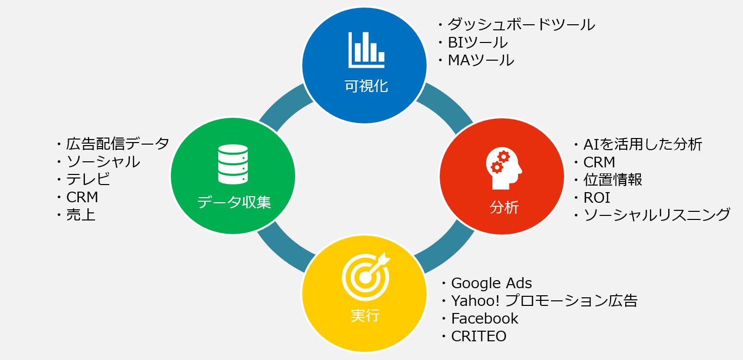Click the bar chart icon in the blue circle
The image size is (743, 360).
pyautogui.click(x=366, y=50)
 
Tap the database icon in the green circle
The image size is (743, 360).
pyautogui.click(x=233, y=164)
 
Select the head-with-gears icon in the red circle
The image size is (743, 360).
pyautogui.click(x=503, y=168)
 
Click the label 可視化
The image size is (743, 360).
pyautogui.click(x=366, y=86)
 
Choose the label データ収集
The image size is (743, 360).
pyautogui.click(x=234, y=202)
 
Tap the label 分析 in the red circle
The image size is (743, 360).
pyautogui.click(x=503, y=207)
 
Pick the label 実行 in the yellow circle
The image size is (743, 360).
pyautogui.click(x=365, y=316)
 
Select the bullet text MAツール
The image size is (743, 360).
pyautogui.click(x=481, y=60)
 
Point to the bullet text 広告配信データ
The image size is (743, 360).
pyautogui.click(x=117, y=144)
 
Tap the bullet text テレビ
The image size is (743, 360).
pyautogui.click(x=88, y=179)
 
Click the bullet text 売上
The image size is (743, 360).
pyautogui.click(x=81, y=215)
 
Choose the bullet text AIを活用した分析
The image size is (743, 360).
pyautogui.click(x=642, y=145)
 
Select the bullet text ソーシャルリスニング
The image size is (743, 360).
pyautogui.click(x=657, y=215)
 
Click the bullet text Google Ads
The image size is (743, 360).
pyautogui.click(x=491, y=283)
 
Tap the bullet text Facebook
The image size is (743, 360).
pyautogui.click(x=484, y=319)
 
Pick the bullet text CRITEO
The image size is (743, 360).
pyautogui.click(x=478, y=336)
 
